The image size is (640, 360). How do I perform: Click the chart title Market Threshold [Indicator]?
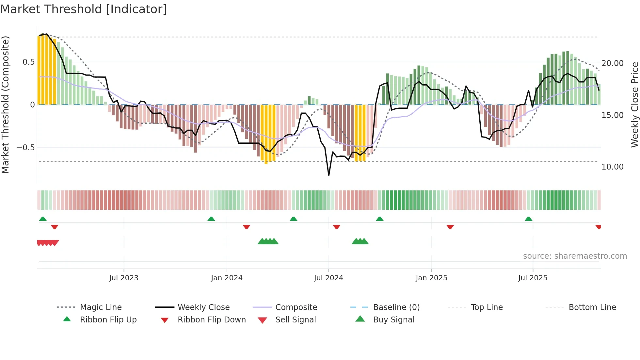(x=84, y=9)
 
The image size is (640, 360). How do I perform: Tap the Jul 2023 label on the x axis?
(x=124, y=278)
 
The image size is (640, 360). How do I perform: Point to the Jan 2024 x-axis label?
(x=227, y=278)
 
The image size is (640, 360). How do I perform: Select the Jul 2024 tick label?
(x=328, y=278)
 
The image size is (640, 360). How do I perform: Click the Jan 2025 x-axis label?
(x=431, y=278)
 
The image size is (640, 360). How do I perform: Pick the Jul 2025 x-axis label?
(x=533, y=278)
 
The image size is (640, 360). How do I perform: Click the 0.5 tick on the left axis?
(x=28, y=62)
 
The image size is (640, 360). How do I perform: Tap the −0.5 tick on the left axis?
(x=25, y=148)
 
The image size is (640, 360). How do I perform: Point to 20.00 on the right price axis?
(x=612, y=63)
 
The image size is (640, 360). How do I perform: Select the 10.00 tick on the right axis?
(x=612, y=167)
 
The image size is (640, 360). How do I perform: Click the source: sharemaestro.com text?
(x=575, y=256)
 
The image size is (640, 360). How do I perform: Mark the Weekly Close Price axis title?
(x=634, y=105)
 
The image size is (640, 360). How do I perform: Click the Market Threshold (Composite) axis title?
(x=5, y=105)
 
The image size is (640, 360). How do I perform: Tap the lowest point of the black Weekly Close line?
(x=329, y=175)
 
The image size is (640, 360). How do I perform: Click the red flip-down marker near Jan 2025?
(x=450, y=227)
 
